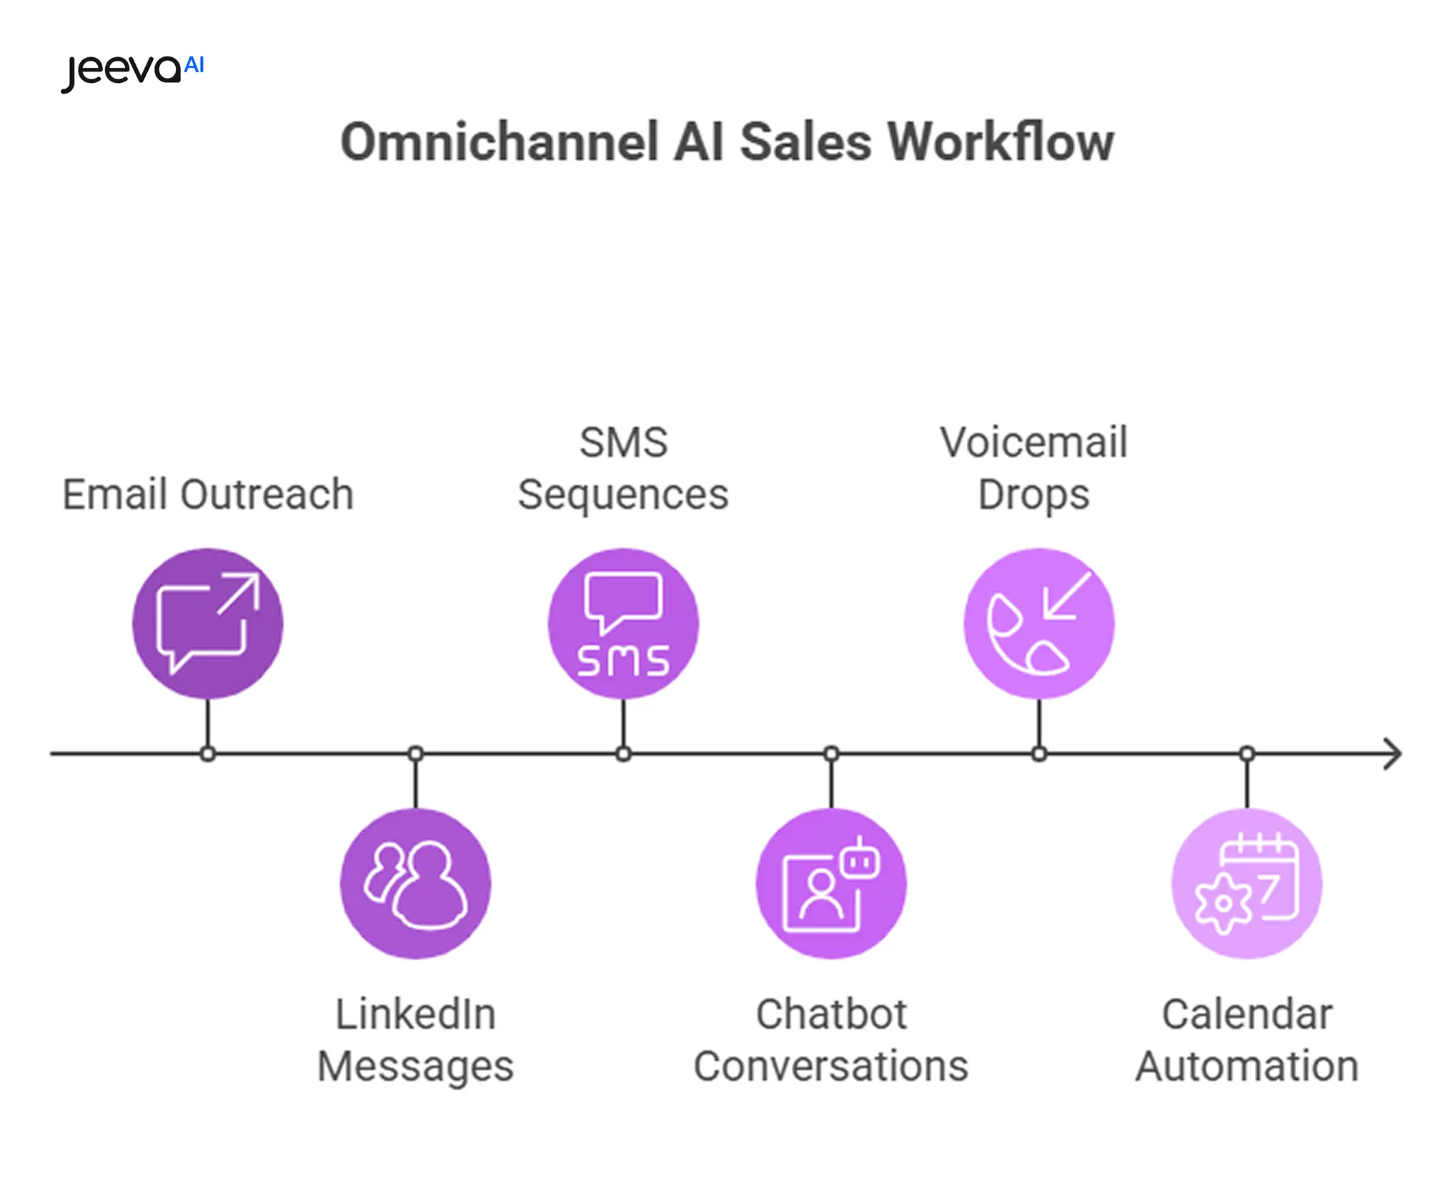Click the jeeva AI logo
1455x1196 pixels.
[x=133, y=71]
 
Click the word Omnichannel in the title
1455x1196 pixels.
[x=499, y=142]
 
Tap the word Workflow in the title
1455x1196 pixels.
[x=1000, y=142]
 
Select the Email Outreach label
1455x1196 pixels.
[x=208, y=495]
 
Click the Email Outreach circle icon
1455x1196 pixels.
[x=207, y=623]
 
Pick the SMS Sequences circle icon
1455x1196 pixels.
[x=623, y=623]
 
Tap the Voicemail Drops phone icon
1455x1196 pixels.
[x=1038, y=623]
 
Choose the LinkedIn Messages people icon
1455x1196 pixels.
[x=415, y=884]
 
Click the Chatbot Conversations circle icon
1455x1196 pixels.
[x=831, y=884]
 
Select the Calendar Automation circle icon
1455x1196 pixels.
[x=1247, y=884]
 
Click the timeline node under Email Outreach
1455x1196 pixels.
[x=208, y=754]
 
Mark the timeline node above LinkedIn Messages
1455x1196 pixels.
[x=416, y=754]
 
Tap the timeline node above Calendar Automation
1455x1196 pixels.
[x=1247, y=754]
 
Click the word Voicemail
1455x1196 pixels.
[x=1033, y=443]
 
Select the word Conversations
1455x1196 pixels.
[x=830, y=1066]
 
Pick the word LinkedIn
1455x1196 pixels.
[x=415, y=1014]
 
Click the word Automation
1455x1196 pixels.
[x=1247, y=1066]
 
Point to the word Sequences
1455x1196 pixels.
[x=623, y=495]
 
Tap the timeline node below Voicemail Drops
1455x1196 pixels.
[x=1039, y=754]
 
